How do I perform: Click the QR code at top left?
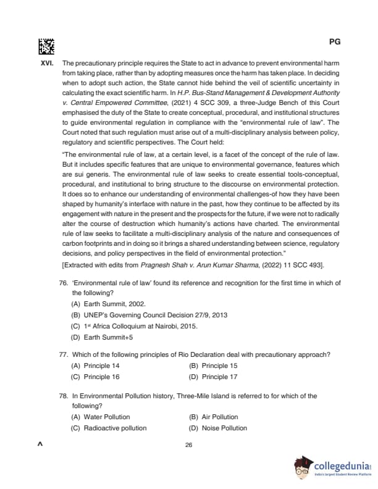[x=46, y=46]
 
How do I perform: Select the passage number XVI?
[x=49, y=64]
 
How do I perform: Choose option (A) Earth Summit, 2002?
[x=101, y=304]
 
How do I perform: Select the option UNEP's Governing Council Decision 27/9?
[x=149, y=315]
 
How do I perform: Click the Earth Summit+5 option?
[x=101, y=337]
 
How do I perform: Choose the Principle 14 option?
[x=96, y=366]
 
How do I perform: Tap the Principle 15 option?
[x=213, y=366]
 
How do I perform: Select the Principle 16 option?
[x=96, y=376]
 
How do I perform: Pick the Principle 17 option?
[x=213, y=376]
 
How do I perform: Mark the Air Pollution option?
[x=214, y=417]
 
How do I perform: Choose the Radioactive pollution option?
[x=109, y=428]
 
